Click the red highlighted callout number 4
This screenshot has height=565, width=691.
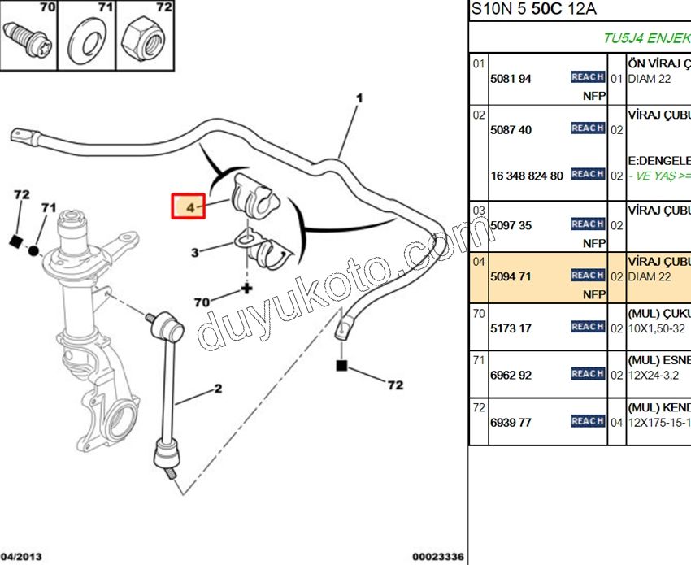pos(190,208)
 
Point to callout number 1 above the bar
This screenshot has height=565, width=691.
pos(359,98)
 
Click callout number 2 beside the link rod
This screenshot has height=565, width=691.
pos(218,389)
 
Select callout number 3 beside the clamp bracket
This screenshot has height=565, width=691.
pos(195,253)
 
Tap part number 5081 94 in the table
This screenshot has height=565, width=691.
pos(511,79)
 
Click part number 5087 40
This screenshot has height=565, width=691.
pos(511,130)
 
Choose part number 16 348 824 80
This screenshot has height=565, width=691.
pos(527,176)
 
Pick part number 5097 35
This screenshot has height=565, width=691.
pos(511,225)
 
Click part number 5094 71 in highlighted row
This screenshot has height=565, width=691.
pos(511,276)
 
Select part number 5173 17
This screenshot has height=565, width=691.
pos(511,328)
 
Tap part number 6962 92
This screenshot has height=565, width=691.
pos(511,376)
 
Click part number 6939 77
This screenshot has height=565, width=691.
pos(511,423)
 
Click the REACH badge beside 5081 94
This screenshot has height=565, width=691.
pos(587,77)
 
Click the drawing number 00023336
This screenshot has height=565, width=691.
pos(437,557)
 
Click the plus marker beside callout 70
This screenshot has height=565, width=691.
pos(246,289)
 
